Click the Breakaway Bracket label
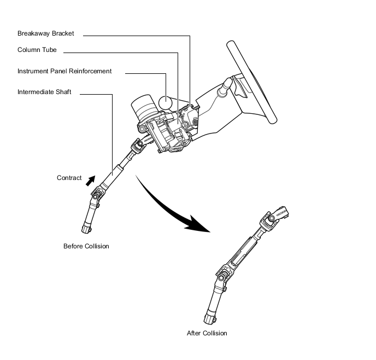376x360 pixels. (45, 33)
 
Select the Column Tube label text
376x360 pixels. (37, 50)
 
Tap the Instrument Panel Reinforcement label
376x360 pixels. (64, 71)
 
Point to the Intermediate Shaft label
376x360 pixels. (44, 92)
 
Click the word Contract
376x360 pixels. (69, 178)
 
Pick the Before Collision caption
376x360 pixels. (86, 246)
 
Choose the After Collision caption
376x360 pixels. (207, 333)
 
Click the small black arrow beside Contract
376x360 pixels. (91, 181)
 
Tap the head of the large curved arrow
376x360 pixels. (198, 224)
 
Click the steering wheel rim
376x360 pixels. (252, 82)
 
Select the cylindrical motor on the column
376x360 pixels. (143, 108)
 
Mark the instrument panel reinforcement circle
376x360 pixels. (165, 102)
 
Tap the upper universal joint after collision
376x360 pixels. (269, 220)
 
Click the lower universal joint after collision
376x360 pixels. (223, 275)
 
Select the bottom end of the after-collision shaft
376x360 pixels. (210, 318)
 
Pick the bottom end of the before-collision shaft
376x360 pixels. (86, 229)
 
